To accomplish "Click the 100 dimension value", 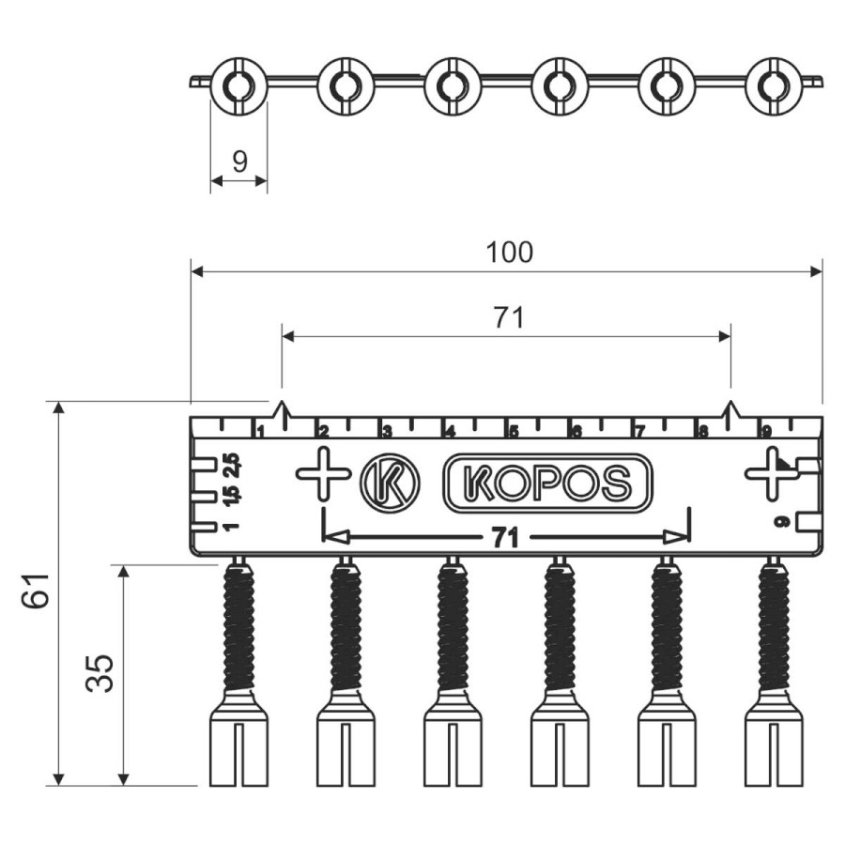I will click(x=510, y=253).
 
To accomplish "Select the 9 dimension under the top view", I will click(x=239, y=161).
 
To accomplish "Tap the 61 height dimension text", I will click(x=36, y=592).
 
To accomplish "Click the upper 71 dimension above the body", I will click(x=508, y=318).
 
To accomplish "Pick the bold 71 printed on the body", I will click(x=506, y=537).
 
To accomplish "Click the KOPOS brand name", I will click(x=547, y=483).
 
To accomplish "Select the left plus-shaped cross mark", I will click(x=323, y=473).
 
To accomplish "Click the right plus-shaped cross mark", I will click(x=772, y=473).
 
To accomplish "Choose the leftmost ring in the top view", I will click(x=238, y=86).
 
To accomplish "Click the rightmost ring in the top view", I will click(x=774, y=86).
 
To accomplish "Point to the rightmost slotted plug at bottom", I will click(x=774, y=746).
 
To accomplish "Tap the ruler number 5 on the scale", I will click(x=513, y=433).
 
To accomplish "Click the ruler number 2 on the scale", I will click(x=323, y=432).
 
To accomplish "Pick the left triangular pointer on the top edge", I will click(x=281, y=410).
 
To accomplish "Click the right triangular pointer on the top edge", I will click(x=731, y=410).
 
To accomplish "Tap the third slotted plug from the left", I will click(x=453, y=746).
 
